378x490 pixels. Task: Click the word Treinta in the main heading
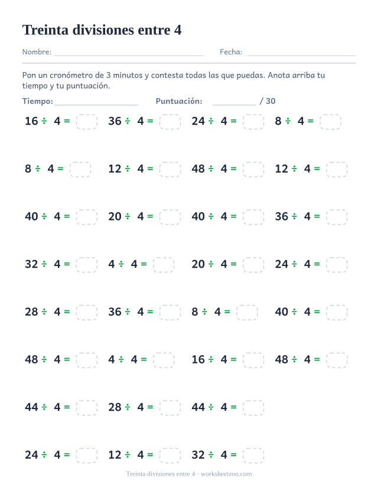click(45, 30)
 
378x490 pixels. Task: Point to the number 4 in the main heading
click(178, 30)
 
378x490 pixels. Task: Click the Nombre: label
click(37, 52)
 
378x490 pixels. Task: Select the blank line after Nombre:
click(129, 56)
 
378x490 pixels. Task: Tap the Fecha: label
click(231, 52)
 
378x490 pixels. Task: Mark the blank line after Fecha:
click(301, 56)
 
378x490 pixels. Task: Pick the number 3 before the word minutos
click(108, 75)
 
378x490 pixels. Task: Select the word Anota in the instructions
click(279, 75)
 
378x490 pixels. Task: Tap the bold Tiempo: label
click(38, 101)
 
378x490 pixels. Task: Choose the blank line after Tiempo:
click(96, 105)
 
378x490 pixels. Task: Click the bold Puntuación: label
click(179, 101)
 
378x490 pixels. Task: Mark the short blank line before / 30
click(234, 105)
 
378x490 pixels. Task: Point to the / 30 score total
click(268, 101)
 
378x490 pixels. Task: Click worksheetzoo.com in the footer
click(226, 474)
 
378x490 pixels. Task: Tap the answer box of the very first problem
click(86, 122)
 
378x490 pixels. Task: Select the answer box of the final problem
click(253, 455)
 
